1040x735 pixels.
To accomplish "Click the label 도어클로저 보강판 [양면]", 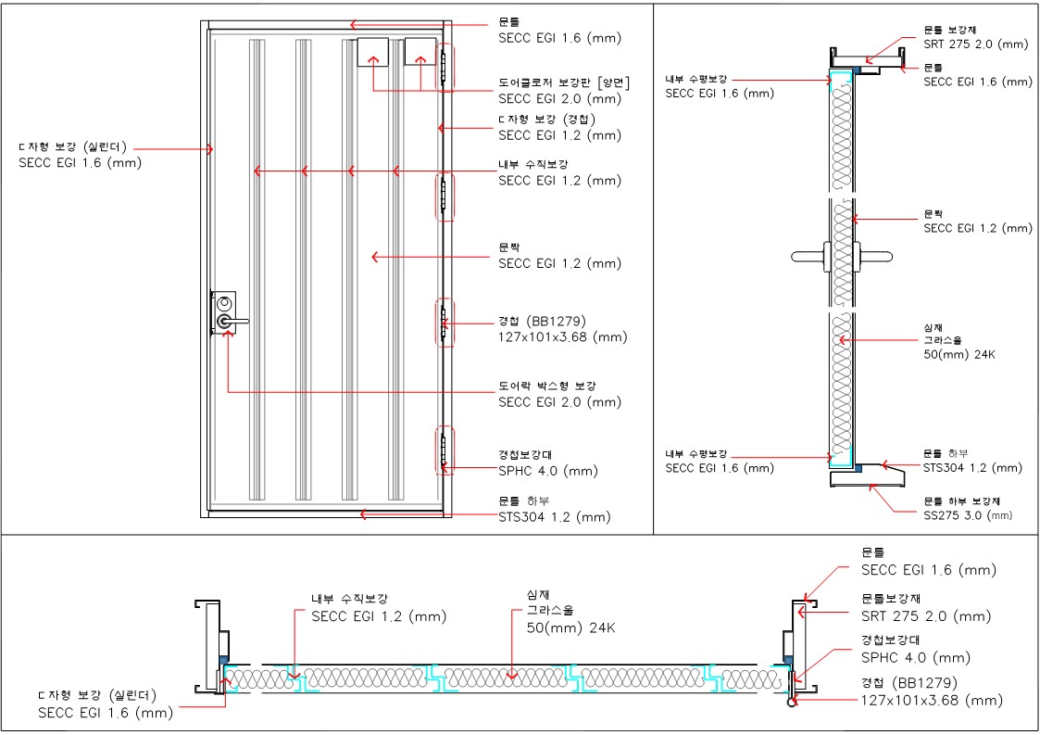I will tap(563, 82).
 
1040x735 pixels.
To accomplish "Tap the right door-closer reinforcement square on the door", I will tap(420, 52).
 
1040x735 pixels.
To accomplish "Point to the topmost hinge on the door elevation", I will tap(444, 67).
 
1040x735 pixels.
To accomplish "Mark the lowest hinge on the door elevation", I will tap(444, 451).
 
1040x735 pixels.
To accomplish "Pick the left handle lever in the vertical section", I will tap(809, 254).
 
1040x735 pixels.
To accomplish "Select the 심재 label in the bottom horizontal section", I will tap(536, 595).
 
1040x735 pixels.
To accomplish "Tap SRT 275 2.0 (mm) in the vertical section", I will tap(976, 44).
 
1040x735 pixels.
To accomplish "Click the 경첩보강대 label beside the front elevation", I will tap(522, 455).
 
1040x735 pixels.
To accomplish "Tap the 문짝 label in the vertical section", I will tap(934, 214).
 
